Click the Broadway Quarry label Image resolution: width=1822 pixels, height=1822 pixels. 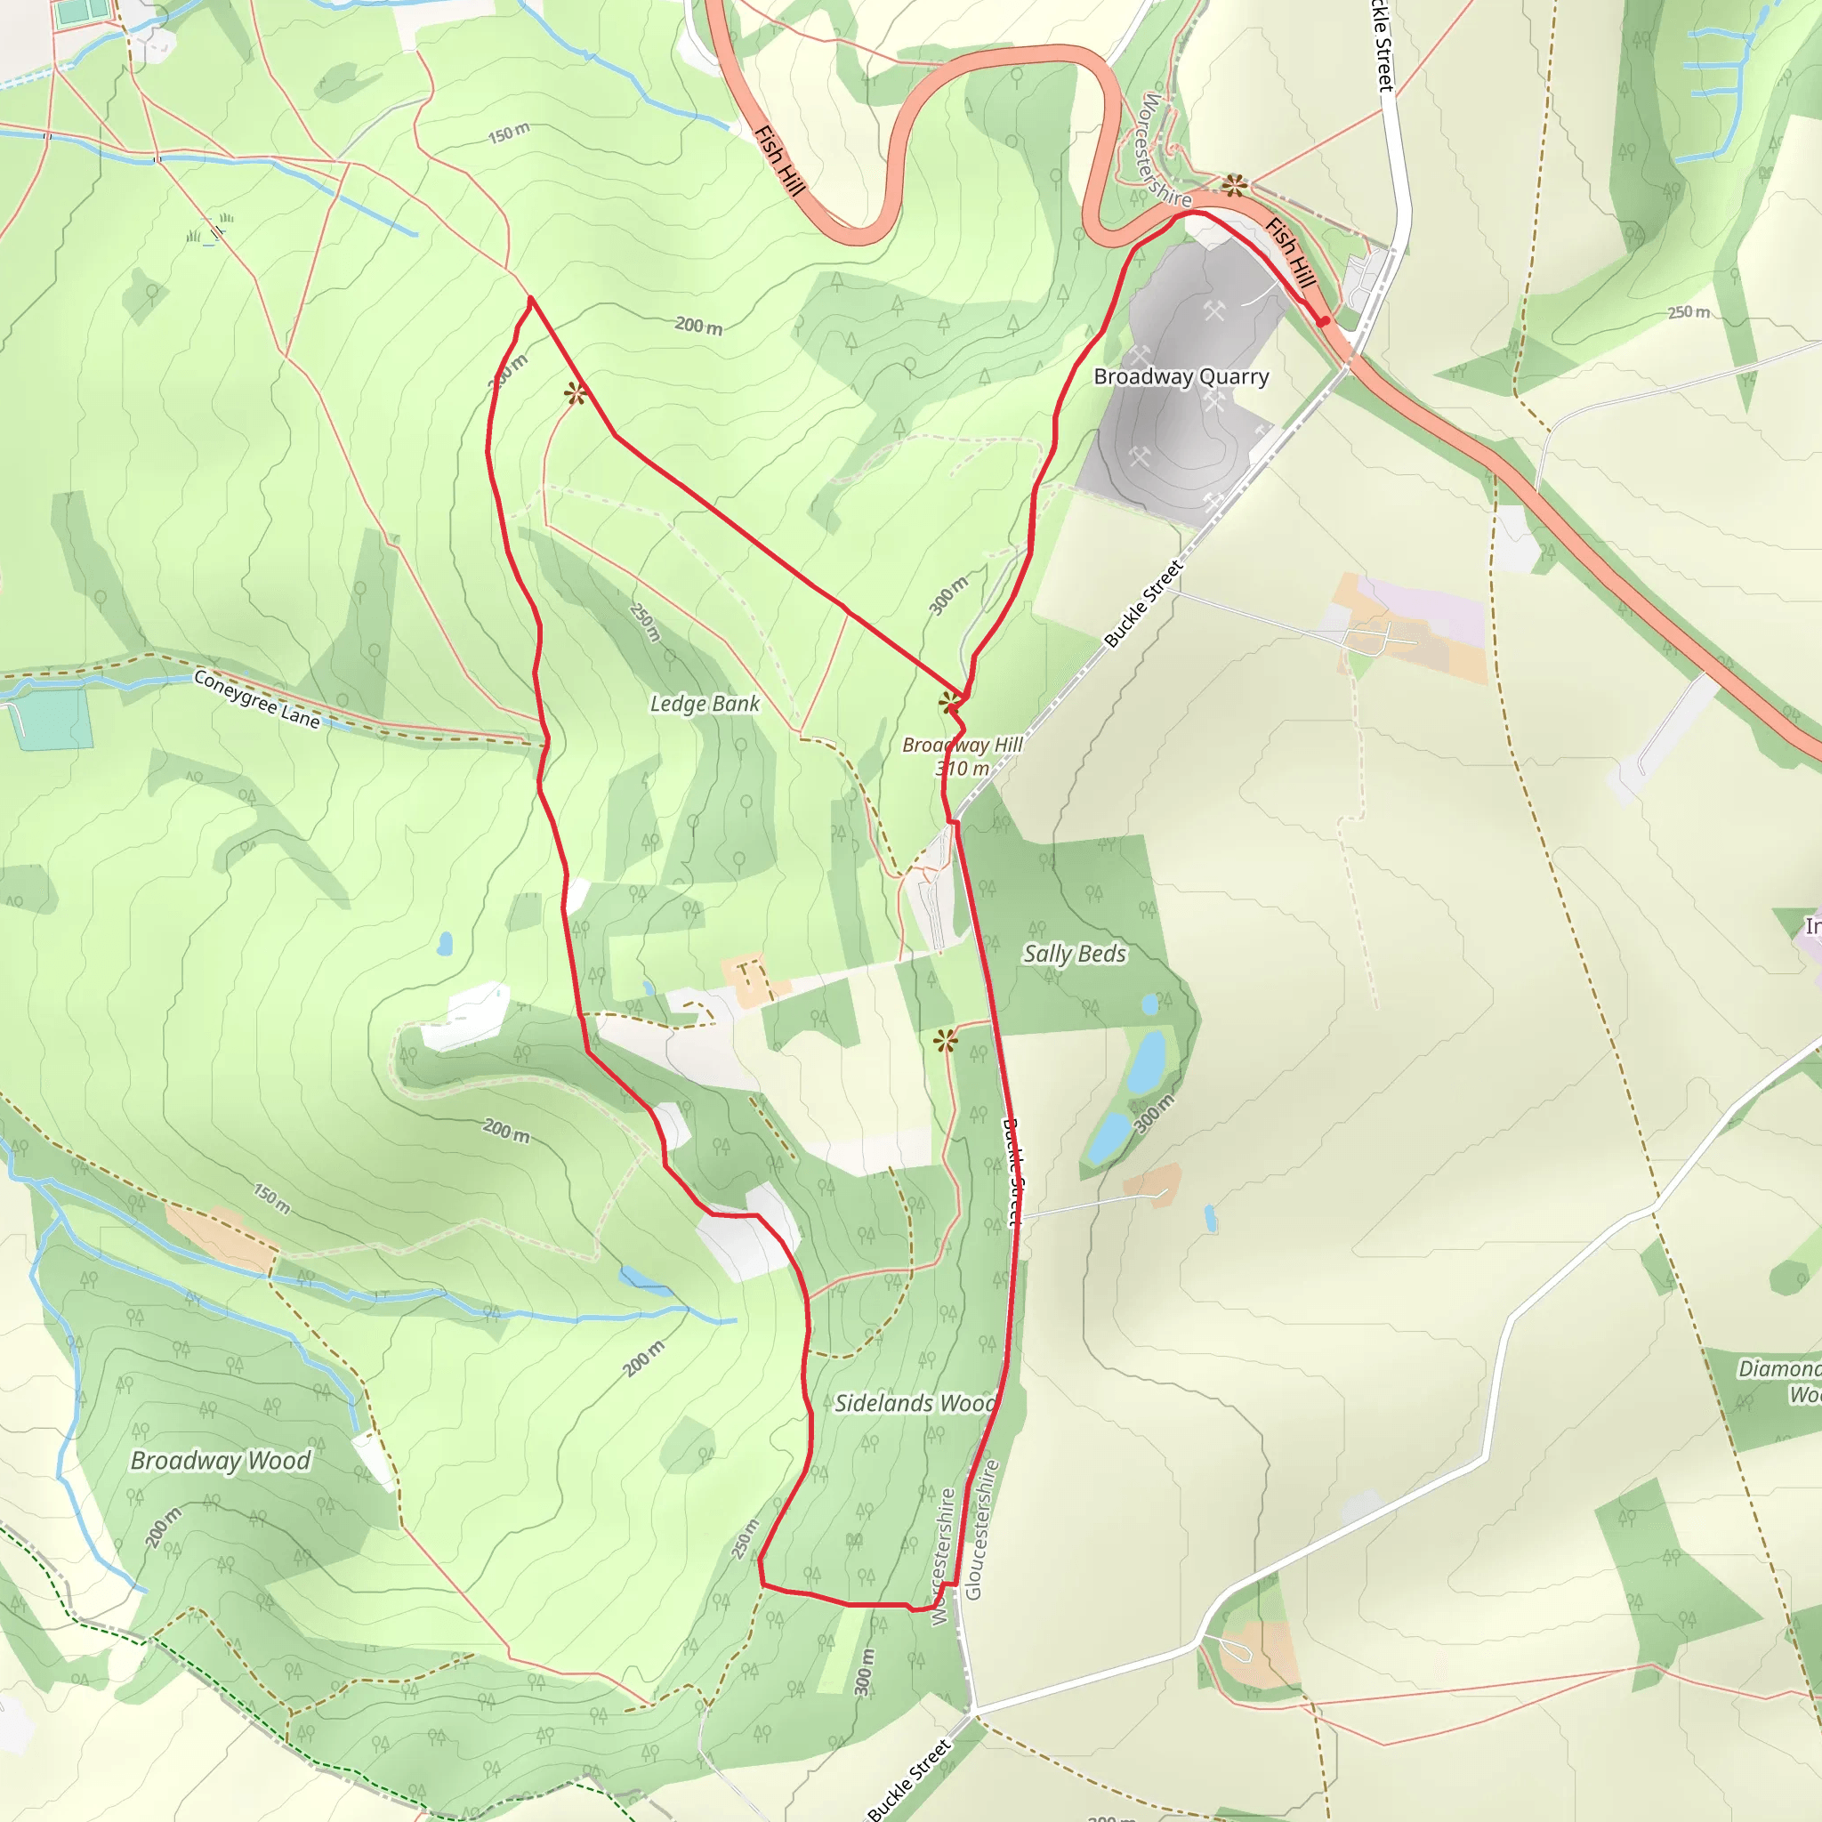1181,377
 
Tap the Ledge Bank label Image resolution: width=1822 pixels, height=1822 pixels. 705,705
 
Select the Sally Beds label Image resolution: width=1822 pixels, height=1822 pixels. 1074,955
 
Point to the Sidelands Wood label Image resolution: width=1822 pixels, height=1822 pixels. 915,1403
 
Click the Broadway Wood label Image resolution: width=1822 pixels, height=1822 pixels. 220,1461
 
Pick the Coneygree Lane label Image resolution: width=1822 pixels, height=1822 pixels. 256,698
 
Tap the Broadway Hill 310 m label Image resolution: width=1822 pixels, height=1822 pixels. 962,756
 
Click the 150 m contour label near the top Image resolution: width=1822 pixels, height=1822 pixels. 508,134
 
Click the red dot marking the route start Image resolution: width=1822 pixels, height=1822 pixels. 1324,321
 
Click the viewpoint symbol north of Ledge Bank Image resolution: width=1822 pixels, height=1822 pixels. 576,393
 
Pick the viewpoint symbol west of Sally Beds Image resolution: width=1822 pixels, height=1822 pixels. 945,1041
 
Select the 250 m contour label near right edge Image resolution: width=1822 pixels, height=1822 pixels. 1688,312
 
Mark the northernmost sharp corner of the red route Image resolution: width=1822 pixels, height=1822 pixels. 531,299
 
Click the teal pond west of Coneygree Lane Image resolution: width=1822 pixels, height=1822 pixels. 52,719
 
